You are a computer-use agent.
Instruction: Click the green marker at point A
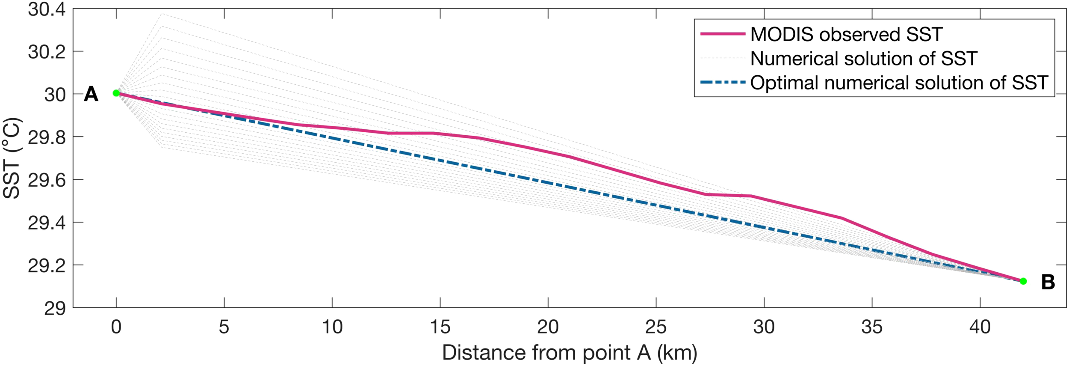(x=116, y=93)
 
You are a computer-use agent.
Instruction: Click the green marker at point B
(x=1023, y=281)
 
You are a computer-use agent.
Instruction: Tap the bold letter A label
(x=91, y=94)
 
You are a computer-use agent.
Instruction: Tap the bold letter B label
(x=1048, y=282)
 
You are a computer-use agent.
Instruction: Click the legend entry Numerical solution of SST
(x=864, y=59)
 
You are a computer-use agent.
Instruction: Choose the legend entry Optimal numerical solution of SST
(x=899, y=83)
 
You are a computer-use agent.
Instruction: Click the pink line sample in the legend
(x=723, y=34)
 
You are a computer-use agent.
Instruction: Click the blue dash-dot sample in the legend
(x=723, y=82)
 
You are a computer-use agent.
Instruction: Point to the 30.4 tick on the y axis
(x=47, y=9)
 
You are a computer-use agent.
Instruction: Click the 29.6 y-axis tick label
(x=47, y=180)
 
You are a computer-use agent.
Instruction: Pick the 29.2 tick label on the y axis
(x=47, y=266)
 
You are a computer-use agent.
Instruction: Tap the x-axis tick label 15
(x=440, y=327)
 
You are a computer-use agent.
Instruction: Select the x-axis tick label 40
(x=980, y=327)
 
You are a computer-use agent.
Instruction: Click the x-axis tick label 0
(x=116, y=327)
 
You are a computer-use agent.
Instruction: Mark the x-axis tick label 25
(x=656, y=327)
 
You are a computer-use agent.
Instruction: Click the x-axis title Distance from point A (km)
(x=570, y=353)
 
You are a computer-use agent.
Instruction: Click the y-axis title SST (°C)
(x=12, y=158)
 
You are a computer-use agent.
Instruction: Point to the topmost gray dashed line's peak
(x=162, y=14)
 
